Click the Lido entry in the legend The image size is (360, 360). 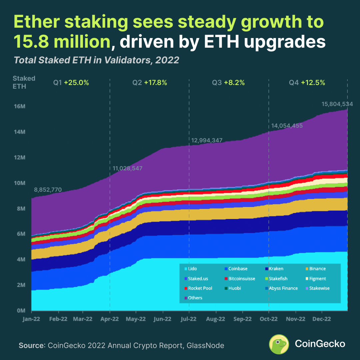193,269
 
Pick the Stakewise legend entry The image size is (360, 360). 319,288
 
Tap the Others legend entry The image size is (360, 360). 195,298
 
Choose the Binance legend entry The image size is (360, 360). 317,269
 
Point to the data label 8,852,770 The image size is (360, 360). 48,190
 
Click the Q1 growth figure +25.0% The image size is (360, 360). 77,83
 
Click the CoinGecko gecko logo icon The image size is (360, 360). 279,344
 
